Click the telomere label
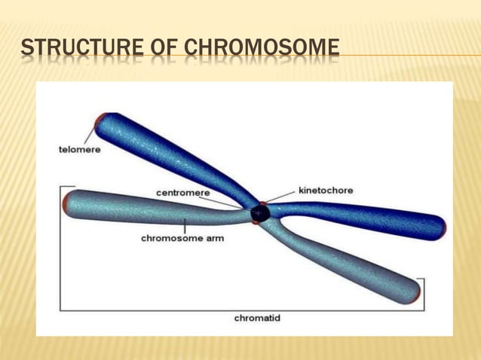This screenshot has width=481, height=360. pyautogui.click(x=79, y=149)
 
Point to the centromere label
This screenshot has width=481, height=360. pyautogui.click(x=183, y=193)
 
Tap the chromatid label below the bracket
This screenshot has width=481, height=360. pyautogui.click(x=257, y=318)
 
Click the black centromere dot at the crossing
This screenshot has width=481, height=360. pyautogui.click(x=260, y=214)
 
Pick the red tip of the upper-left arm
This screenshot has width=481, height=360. pyautogui.click(x=99, y=121)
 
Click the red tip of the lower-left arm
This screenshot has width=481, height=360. pyautogui.click(x=67, y=204)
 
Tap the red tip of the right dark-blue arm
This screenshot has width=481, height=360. pyautogui.click(x=443, y=227)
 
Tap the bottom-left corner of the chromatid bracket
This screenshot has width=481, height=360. pyautogui.click(x=60, y=310)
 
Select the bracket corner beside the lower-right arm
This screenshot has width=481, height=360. pyautogui.click(x=424, y=279)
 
